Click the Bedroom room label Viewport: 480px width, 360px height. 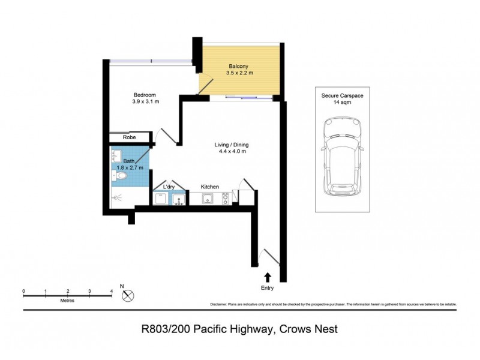click(145, 95)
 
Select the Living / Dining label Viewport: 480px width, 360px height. click(231, 145)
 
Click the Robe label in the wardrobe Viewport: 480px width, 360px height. click(129, 137)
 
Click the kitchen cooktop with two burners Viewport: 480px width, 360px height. click(226, 199)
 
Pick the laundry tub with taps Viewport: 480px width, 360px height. click(178, 199)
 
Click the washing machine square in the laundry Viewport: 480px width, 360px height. click(161, 199)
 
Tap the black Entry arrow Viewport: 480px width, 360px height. click(267, 276)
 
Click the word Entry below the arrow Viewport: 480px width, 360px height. click(267, 288)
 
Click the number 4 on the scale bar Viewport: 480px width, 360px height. click(112, 290)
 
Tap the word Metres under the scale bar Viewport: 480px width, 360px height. click(67, 299)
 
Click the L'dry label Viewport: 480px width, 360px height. click(169, 187)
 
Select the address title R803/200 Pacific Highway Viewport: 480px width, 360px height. click(239, 329)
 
